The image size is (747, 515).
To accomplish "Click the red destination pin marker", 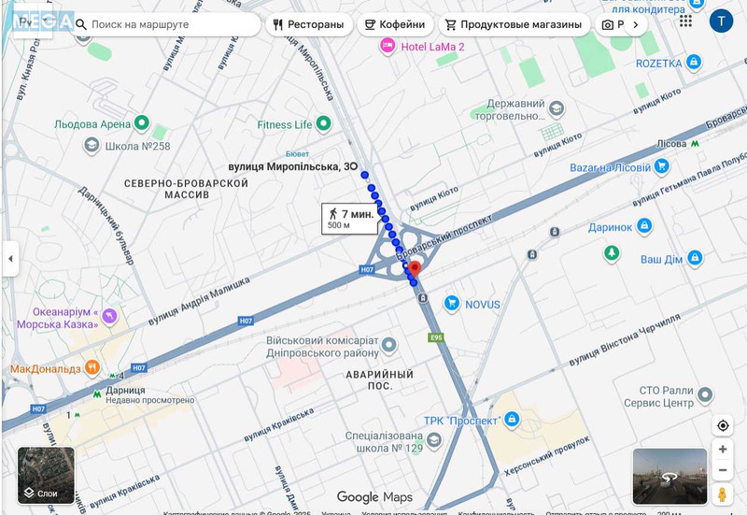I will coord(416,269).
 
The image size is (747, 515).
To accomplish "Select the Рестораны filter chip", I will coord(308,24).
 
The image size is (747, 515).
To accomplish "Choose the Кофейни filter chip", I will coord(395,24).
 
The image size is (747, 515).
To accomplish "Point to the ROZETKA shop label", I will coord(658,63).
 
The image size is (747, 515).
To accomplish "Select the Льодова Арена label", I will coord(92,122).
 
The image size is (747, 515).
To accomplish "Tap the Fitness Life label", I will coord(285,124).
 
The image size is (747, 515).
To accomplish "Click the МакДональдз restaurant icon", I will coord(92,367).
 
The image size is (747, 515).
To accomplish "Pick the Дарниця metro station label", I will coord(124,391).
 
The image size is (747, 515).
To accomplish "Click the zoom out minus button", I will coord(723,471).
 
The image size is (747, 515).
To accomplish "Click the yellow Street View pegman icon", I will coord(723,494).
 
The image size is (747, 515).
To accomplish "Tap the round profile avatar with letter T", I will coord(721,21).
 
